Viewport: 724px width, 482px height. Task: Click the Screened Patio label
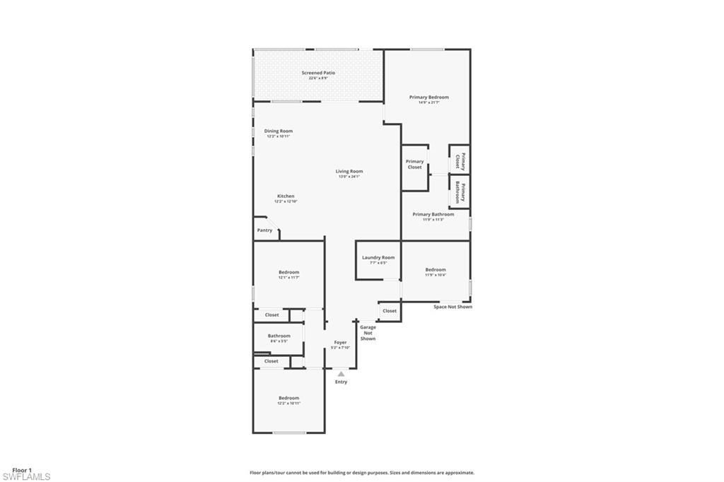coord(318,73)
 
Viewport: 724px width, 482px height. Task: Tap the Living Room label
coord(349,171)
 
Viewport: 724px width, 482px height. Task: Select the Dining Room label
coord(278,131)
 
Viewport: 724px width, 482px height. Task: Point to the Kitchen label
coord(286,196)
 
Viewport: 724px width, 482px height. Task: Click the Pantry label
coord(264,230)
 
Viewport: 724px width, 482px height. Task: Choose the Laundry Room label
coord(378,257)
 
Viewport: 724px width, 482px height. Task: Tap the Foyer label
coord(340,342)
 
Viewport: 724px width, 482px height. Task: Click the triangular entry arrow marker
coord(341,374)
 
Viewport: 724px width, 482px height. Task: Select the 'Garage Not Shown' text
coord(368,333)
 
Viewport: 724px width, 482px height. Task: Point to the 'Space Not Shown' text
coord(452,307)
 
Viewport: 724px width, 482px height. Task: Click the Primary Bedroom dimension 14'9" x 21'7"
coord(429,102)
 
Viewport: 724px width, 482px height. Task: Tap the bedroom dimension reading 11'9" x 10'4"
coord(436,275)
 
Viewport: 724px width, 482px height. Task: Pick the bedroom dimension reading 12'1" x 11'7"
coord(288,278)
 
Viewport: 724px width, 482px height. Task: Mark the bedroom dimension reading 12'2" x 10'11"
coord(288,403)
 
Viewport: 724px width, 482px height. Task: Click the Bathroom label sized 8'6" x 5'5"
coord(279,336)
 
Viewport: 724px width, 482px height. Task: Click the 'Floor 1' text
coord(22,469)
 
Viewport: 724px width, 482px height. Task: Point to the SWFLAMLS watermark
coord(26,476)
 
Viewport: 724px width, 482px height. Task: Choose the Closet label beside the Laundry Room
coord(390,310)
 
